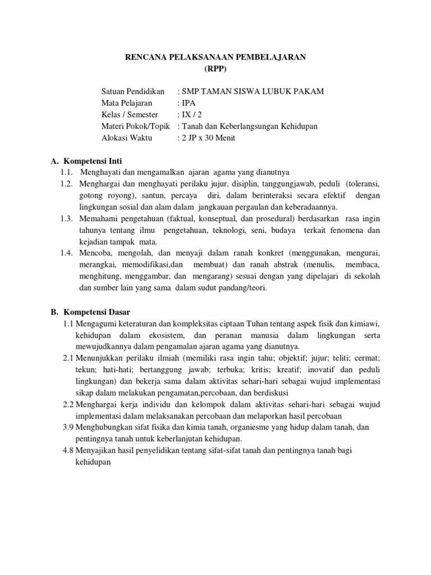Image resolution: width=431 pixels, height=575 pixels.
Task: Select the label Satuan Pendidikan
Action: (133, 91)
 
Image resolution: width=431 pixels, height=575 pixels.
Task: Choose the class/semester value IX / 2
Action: (191, 115)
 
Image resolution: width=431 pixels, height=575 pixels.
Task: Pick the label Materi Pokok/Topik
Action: (135, 126)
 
